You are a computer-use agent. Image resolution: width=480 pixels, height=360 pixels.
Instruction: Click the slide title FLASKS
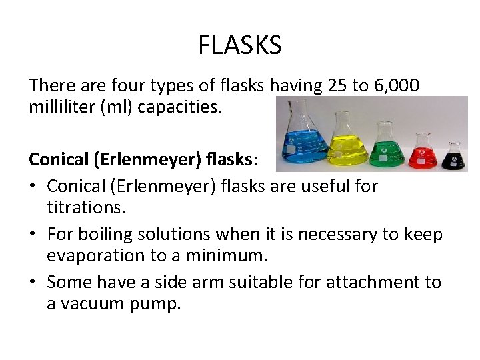(x=240, y=46)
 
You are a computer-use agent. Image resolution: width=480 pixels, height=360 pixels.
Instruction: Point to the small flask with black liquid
(x=454, y=156)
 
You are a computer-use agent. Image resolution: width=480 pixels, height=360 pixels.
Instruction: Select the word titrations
(x=85, y=207)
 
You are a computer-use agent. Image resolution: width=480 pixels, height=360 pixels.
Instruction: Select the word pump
(x=158, y=304)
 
